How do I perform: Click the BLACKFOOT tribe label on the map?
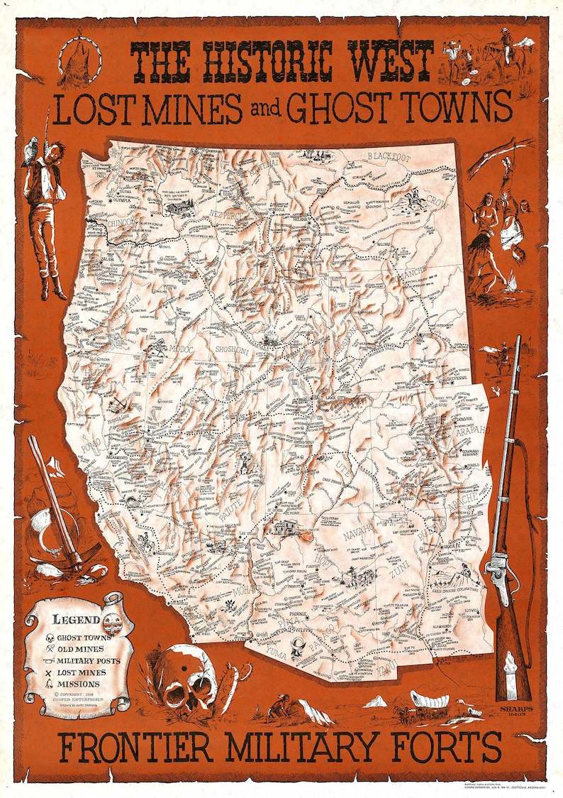(x=389, y=156)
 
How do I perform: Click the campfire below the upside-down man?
(x=512, y=285)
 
